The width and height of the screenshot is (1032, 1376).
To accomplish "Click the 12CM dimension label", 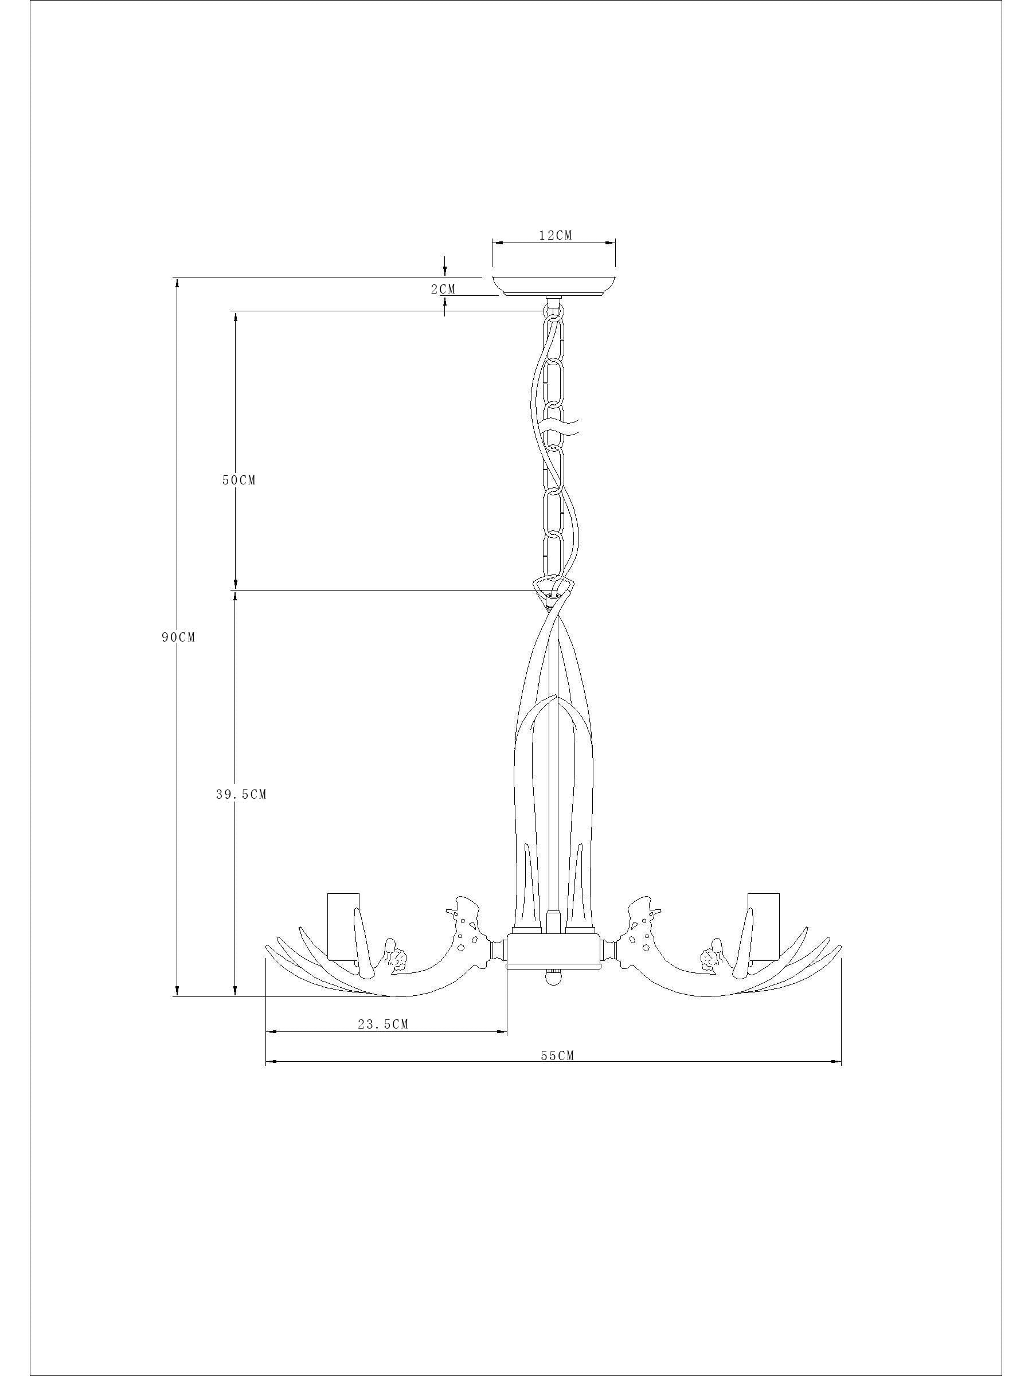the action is tap(556, 235).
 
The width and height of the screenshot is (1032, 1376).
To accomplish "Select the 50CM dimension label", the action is tap(239, 480).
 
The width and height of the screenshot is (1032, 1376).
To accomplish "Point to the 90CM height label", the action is tap(178, 638).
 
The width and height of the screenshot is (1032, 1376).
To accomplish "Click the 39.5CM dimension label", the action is tap(241, 795).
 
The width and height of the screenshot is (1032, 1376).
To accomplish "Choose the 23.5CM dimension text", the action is tap(384, 1025).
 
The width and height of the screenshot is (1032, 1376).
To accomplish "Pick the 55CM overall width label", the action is tap(557, 1055).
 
